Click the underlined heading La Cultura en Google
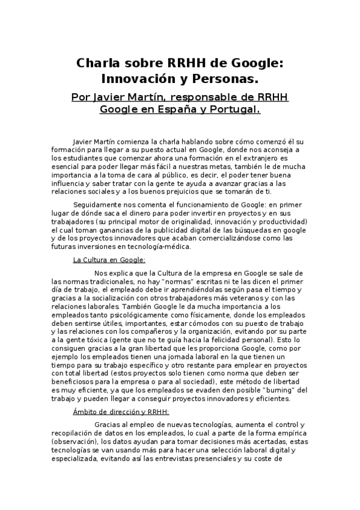[109, 260]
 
